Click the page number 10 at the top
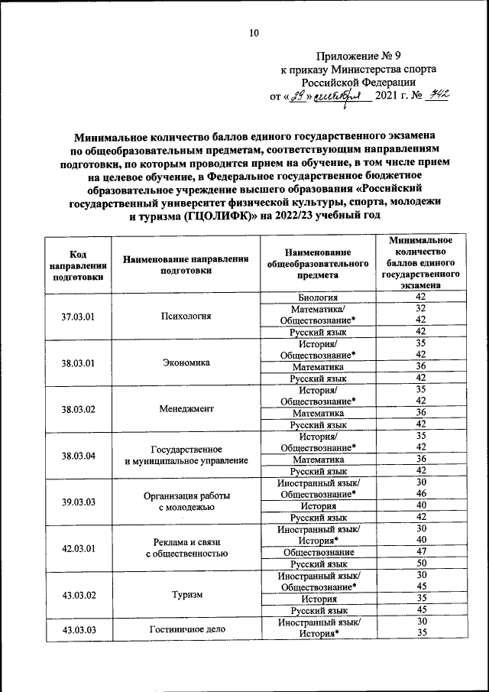[254, 32]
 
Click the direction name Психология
[186, 315]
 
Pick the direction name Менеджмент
[186, 408]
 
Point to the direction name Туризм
[186, 594]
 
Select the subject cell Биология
[319, 297]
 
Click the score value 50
[419, 563]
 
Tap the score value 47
[419, 551]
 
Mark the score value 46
[419, 494]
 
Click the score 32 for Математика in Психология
[419, 308]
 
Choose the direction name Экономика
[186, 362]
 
